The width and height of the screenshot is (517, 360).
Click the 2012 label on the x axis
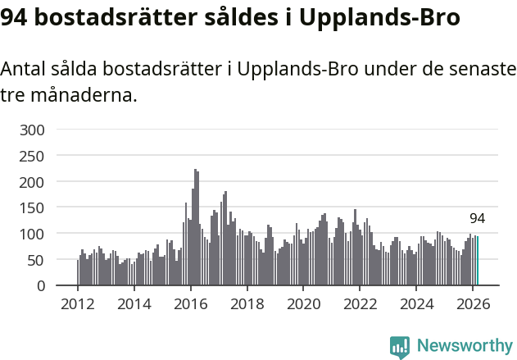pyautogui.click(x=78, y=303)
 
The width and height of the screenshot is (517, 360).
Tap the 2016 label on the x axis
pyautogui.click(x=190, y=303)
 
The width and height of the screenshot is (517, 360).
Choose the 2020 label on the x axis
pyautogui.click(x=303, y=303)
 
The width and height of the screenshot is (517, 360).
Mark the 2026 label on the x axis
pyautogui.click(x=473, y=303)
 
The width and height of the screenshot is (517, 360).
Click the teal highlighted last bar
pyautogui.click(x=478, y=262)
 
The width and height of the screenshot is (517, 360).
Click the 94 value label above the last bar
pyautogui.click(x=478, y=218)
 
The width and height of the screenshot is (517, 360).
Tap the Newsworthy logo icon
pyautogui.click(x=400, y=347)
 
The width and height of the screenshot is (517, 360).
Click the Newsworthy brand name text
pyautogui.click(x=464, y=346)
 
